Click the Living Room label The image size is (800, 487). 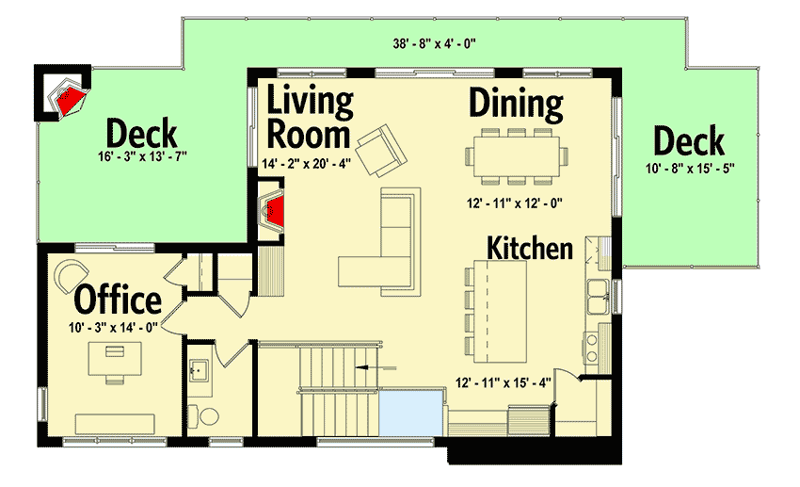pyautogui.click(x=309, y=117)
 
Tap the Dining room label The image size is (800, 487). pyautogui.click(x=516, y=103)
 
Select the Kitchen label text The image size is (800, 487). pyautogui.click(x=529, y=248)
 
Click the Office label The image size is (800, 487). pyautogui.click(x=117, y=300)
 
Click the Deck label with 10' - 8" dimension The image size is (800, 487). pyautogui.click(x=689, y=141)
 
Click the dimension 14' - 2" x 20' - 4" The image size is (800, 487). pyautogui.click(x=306, y=163)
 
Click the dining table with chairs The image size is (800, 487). pyautogui.click(x=515, y=154)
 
